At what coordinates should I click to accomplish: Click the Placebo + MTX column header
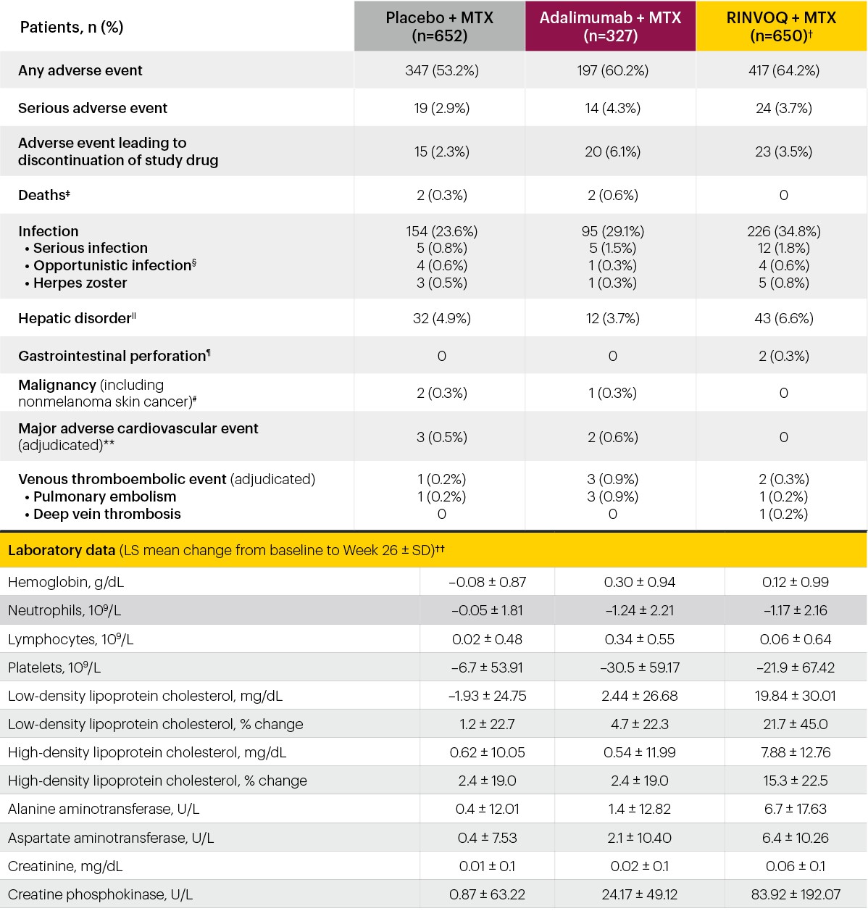point(439,26)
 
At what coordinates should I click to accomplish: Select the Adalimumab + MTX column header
point(610,26)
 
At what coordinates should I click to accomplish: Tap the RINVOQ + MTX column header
point(781,26)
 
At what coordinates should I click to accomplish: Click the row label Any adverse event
point(80,70)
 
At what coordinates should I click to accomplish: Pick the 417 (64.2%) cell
point(784,70)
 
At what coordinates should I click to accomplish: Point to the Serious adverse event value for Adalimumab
point(613,109)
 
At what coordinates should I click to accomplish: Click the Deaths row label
point(44,195)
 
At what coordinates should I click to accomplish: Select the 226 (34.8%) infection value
point(784,231)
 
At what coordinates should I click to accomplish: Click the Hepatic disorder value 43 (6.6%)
point(784,318)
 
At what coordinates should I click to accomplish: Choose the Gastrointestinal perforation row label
point(114,356)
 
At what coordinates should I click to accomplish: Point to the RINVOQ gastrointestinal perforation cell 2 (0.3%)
point(784,356)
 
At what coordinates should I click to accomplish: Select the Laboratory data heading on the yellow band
point(62,550)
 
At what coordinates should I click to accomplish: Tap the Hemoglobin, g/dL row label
point(66,583)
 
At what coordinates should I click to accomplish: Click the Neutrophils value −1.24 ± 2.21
point(640,610)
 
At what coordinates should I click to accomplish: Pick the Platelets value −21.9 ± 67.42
point(796,667)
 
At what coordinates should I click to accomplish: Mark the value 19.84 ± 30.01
point(796,696)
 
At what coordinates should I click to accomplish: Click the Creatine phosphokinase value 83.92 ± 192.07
point(796,894)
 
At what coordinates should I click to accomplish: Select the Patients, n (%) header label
point(72,28)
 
